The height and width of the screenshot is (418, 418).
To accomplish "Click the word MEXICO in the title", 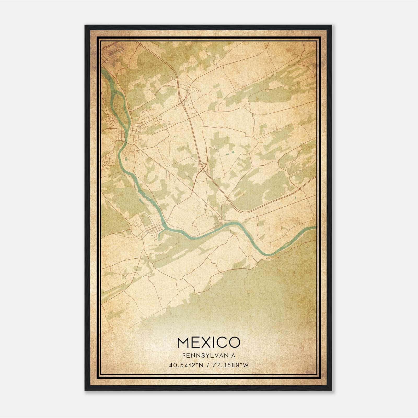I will tap(208, 342).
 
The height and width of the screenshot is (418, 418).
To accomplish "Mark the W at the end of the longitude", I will tap(246, 365).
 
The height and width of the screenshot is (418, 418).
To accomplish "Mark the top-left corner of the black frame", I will tap(85, 26).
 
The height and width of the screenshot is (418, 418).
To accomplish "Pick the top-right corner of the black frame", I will tap(332, 26).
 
